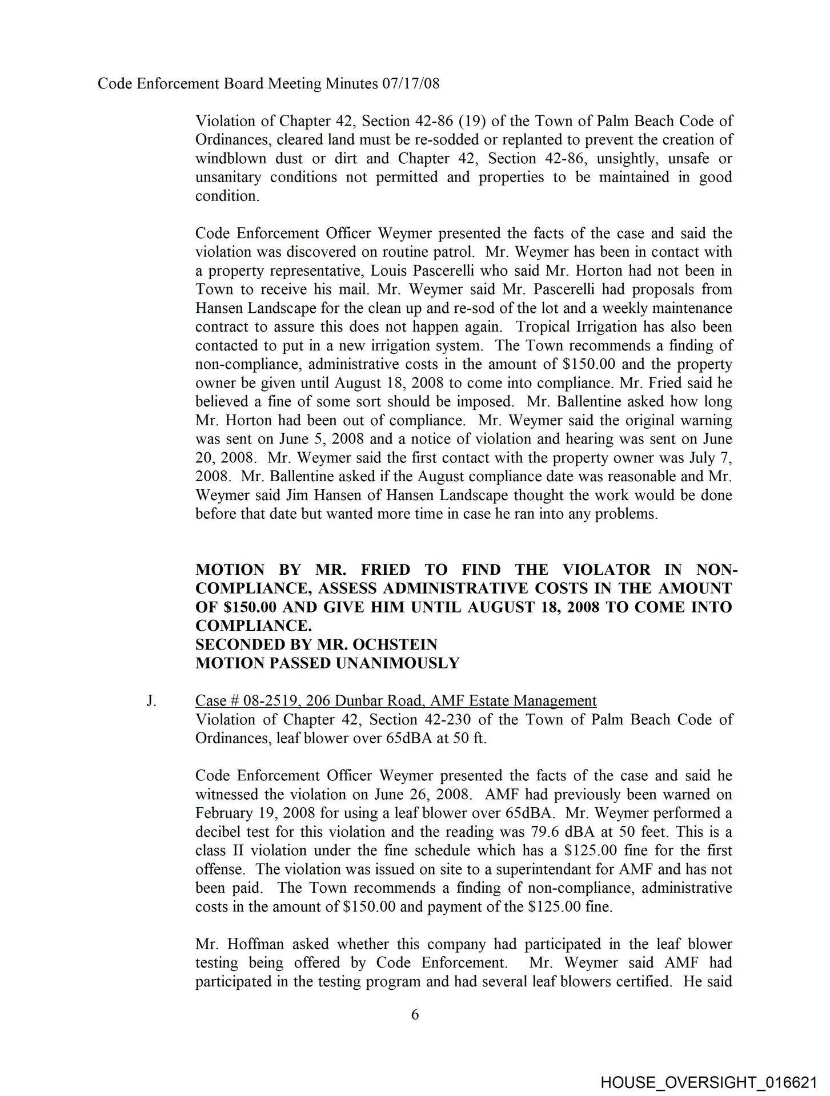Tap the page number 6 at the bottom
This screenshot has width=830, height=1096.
[x=415, y=1014]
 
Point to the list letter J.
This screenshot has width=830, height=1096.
[x=151, y=700]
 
